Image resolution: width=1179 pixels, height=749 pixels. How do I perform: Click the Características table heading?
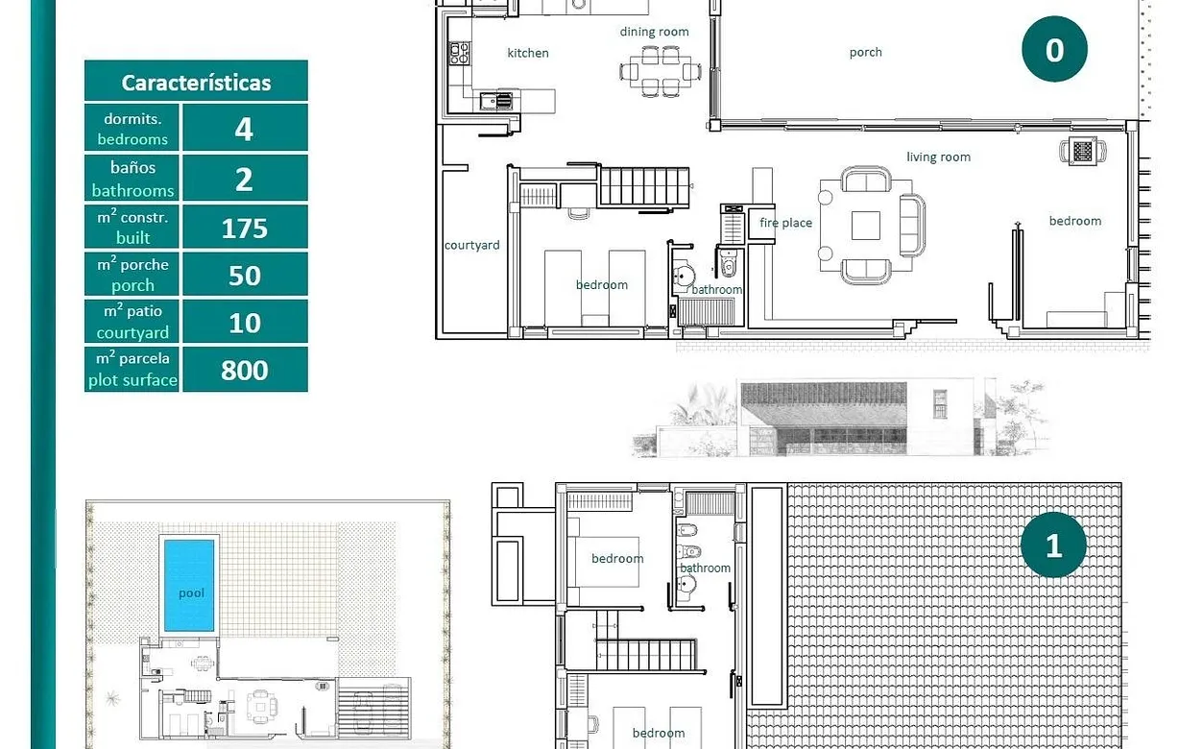click(196, 83)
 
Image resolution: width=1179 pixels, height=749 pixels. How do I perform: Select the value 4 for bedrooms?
click(244, 129)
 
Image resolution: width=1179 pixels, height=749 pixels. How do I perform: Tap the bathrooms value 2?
click(244, 179)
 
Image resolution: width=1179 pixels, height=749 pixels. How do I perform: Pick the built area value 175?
click(244, 228)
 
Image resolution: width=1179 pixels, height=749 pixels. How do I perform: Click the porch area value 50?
click(244, 276)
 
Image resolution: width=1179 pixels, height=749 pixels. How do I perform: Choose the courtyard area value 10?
click(244, 323)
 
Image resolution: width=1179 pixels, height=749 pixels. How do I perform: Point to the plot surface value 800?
click(244, 370)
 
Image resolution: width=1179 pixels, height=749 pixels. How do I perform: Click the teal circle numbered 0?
click(1054, 49)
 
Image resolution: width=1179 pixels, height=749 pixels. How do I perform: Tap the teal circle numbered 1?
click(1053, 545)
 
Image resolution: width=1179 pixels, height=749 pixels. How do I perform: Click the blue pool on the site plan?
click(190, 584)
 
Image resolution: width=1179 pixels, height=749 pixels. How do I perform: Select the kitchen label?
click(528, 53)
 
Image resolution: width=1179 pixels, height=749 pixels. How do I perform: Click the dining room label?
click(654, 32)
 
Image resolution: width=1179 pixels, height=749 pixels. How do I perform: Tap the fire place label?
click(785, 223)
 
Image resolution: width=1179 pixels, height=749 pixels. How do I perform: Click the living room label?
click(938, 157)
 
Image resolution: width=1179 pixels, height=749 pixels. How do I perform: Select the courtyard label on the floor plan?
click(471, 245)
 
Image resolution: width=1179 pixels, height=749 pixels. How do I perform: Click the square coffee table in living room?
click(865, 225)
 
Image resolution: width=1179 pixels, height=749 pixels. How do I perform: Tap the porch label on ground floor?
click(865, 53)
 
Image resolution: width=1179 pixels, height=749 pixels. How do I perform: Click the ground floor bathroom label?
click(717, 289)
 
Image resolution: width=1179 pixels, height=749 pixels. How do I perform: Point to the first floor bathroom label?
click(705, 568)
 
